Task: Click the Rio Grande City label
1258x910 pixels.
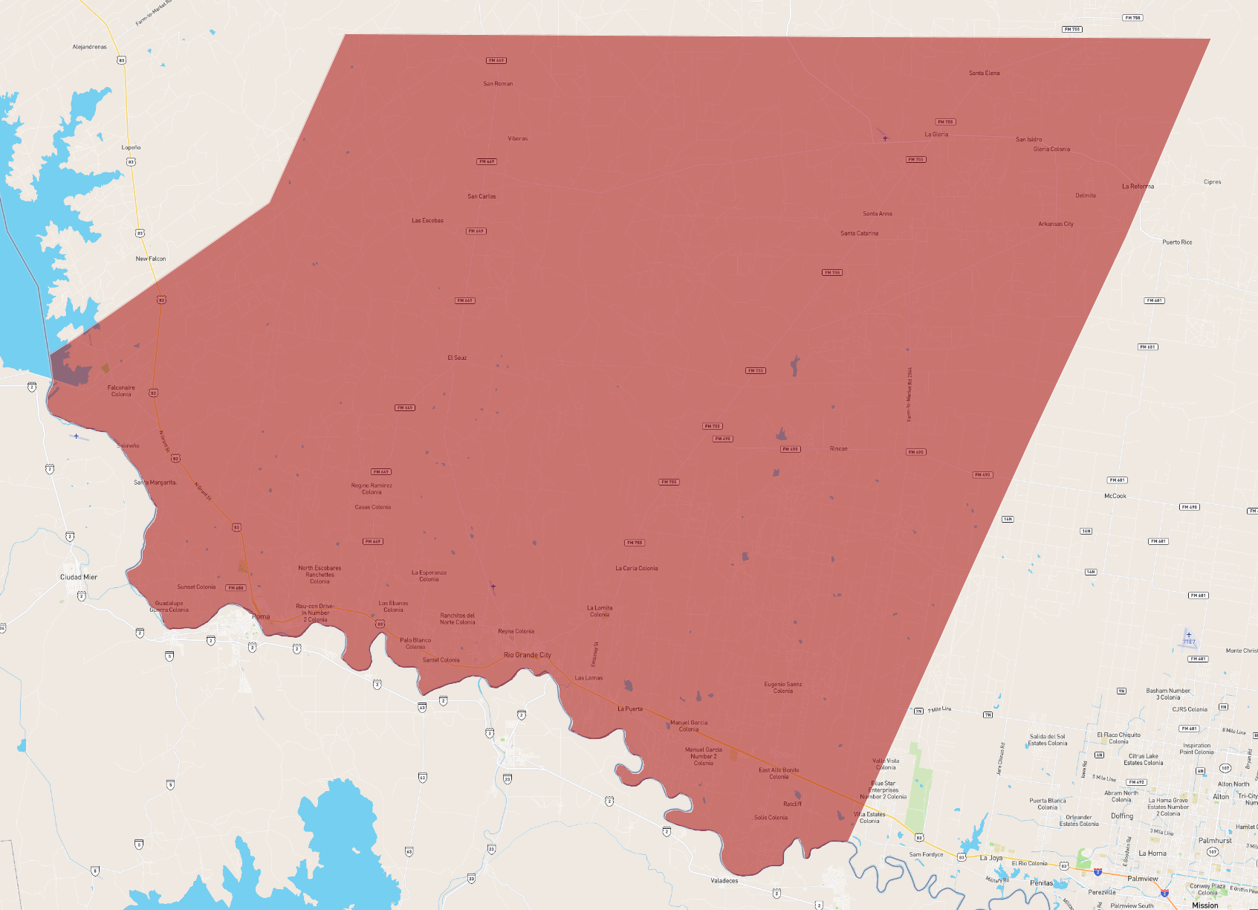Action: point(527,655)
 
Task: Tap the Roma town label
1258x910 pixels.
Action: point(261,616)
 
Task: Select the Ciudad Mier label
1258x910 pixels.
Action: point(79,577)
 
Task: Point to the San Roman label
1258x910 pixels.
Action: point(498,84)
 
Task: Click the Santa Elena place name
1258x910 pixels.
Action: point(984,73)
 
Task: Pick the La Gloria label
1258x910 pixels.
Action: point(936,135)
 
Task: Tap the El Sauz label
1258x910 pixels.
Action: point(457,358)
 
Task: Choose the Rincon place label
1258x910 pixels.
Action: point(838,449)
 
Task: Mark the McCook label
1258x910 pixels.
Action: point(1115,496)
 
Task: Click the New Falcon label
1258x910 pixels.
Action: point(151,259)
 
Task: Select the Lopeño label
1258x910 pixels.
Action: point(131,147)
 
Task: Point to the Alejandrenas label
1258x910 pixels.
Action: point(89,47)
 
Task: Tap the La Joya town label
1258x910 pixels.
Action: point(990,858)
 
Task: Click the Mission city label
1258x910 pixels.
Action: point(1204,905)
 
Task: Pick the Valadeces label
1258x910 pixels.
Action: point(724,881)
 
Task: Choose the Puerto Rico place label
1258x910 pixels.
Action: point(1177,242)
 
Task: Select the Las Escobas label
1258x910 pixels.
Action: point(427,221)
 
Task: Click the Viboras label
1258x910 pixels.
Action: point(517,139)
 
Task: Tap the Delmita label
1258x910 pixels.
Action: point(1085,196)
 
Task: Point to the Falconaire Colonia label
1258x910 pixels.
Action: point(121,391)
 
